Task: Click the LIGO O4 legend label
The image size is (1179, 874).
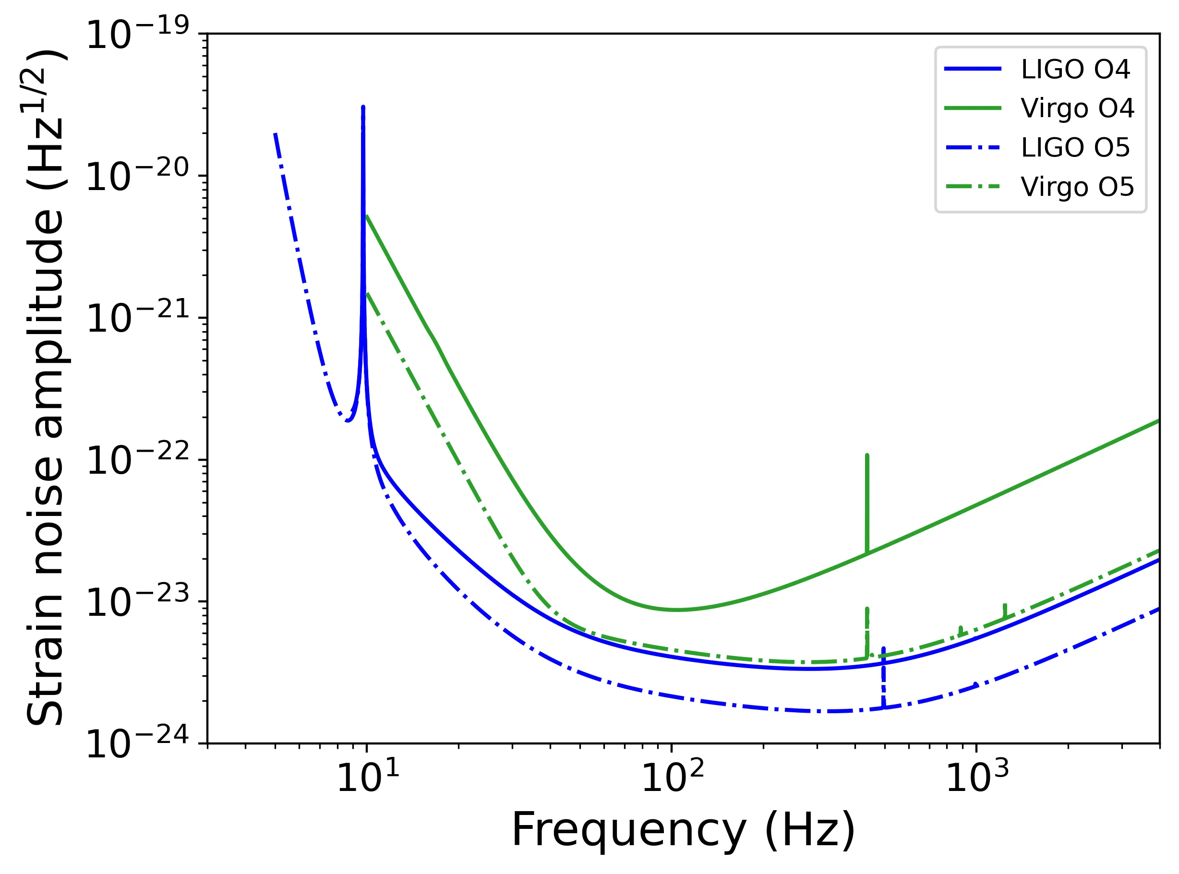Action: tap(1075, 69)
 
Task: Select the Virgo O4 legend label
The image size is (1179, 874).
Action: tap(1077, 108)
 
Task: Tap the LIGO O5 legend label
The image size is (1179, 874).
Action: tap(1075, 148)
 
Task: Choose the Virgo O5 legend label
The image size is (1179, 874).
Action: tap(1077, 187)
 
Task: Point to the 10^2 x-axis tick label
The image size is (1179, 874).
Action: tap(673, 778)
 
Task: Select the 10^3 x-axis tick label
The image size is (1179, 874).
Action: tap(977, 778)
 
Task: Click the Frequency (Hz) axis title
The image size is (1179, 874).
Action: tap(683, 830)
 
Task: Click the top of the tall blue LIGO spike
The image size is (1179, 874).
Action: tap(363, 108)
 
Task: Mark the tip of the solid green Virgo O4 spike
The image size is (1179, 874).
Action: tap(867, 455)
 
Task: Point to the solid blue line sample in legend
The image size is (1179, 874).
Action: tap(973, 69)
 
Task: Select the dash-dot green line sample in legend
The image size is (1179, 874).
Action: tap(973, 187)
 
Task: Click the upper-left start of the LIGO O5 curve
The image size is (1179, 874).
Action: tap(275, 134)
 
